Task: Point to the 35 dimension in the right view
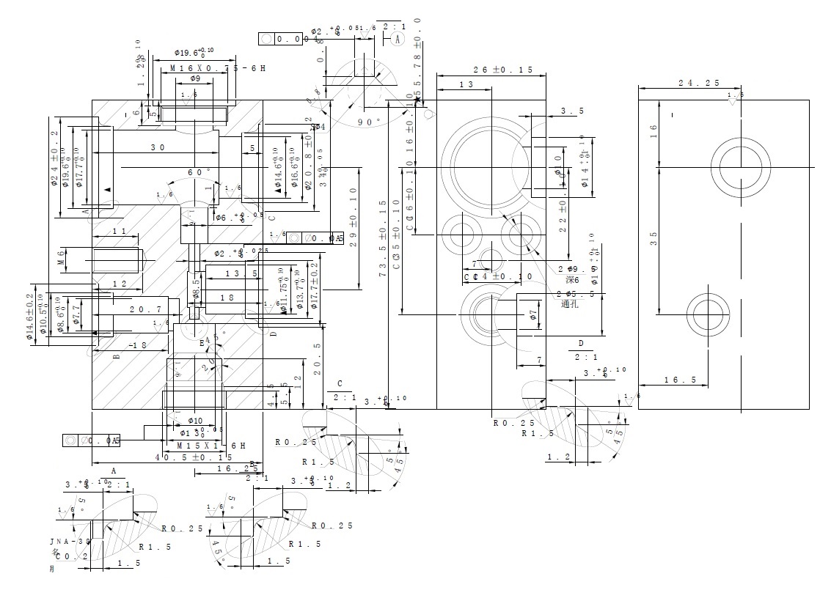[x=653, y=238]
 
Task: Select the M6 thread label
[x=62, y=258]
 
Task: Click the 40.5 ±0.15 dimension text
[x=194, y=457]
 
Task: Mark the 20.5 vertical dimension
[x=317, y=359]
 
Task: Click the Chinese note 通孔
[x=570, y=303]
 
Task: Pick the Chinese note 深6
[x=573, y=280]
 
